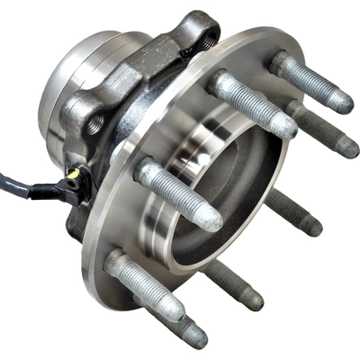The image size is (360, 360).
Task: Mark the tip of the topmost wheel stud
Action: [340, 102]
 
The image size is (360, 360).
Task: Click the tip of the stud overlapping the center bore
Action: [210, 217]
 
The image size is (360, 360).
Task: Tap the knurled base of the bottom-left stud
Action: [117, 265]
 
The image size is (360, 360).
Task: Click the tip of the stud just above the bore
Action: [283, 128]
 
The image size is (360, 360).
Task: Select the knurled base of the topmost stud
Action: [281, 64]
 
